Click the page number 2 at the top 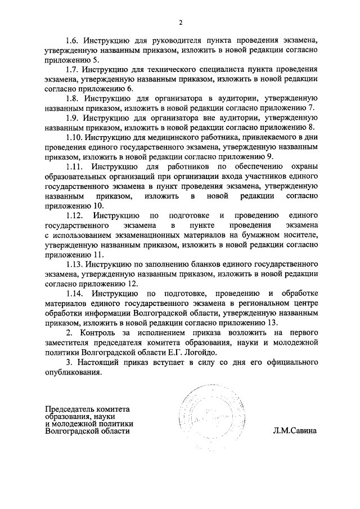point(181,22)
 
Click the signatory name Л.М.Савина point(295,431)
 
